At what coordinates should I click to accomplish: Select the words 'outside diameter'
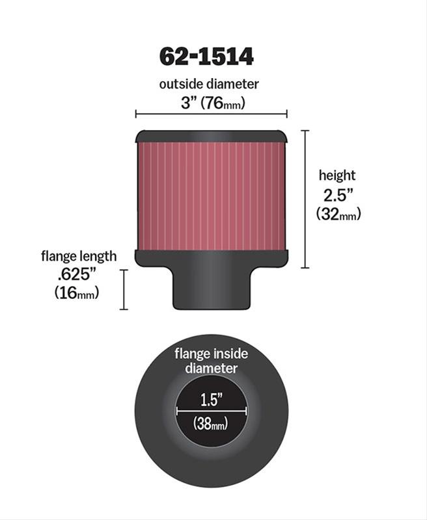210,84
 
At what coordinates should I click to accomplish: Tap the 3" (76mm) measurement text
210,102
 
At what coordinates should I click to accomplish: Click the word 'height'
337,175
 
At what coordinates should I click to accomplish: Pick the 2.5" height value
337,194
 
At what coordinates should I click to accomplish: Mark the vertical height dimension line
305,199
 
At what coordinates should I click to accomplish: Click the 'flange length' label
78,256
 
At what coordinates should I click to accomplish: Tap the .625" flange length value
77,275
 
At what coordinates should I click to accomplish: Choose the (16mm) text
77,293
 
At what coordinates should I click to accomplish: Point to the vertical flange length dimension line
124,290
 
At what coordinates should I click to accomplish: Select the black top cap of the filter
211,136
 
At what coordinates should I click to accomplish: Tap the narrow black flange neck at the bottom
211,289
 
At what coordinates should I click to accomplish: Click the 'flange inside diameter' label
211,361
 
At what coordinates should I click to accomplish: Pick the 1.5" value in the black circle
211,396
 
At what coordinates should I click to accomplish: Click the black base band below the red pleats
211,258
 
